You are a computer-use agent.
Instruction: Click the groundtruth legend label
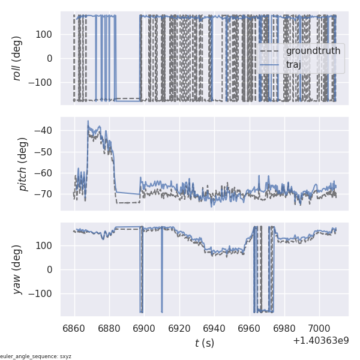[313, 51]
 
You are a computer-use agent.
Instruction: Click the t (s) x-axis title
[204, 343]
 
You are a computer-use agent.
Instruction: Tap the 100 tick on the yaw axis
[45, 245]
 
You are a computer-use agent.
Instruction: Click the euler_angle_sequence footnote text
[36, 356]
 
